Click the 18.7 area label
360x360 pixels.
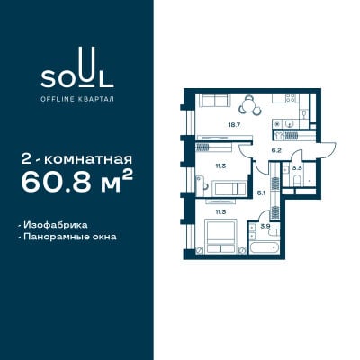click(233, 124)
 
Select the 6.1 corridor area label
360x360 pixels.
click(261, 193)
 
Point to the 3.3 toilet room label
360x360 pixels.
click(297, 168)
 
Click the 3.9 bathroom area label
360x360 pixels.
click(265, 227)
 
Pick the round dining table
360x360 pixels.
click(249, 105)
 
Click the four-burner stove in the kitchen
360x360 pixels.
click(291, 97)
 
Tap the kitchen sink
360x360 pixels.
click(290, 123)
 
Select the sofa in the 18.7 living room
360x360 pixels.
click(215, 100)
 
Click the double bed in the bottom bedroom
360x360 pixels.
click(220, 237)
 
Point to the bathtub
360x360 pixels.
click(265, 247)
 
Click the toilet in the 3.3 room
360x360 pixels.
click(297, 180)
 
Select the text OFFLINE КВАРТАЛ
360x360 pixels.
click(77, 99)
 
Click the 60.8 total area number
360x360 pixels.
click(56, 183)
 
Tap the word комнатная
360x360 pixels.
click(88, 160)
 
